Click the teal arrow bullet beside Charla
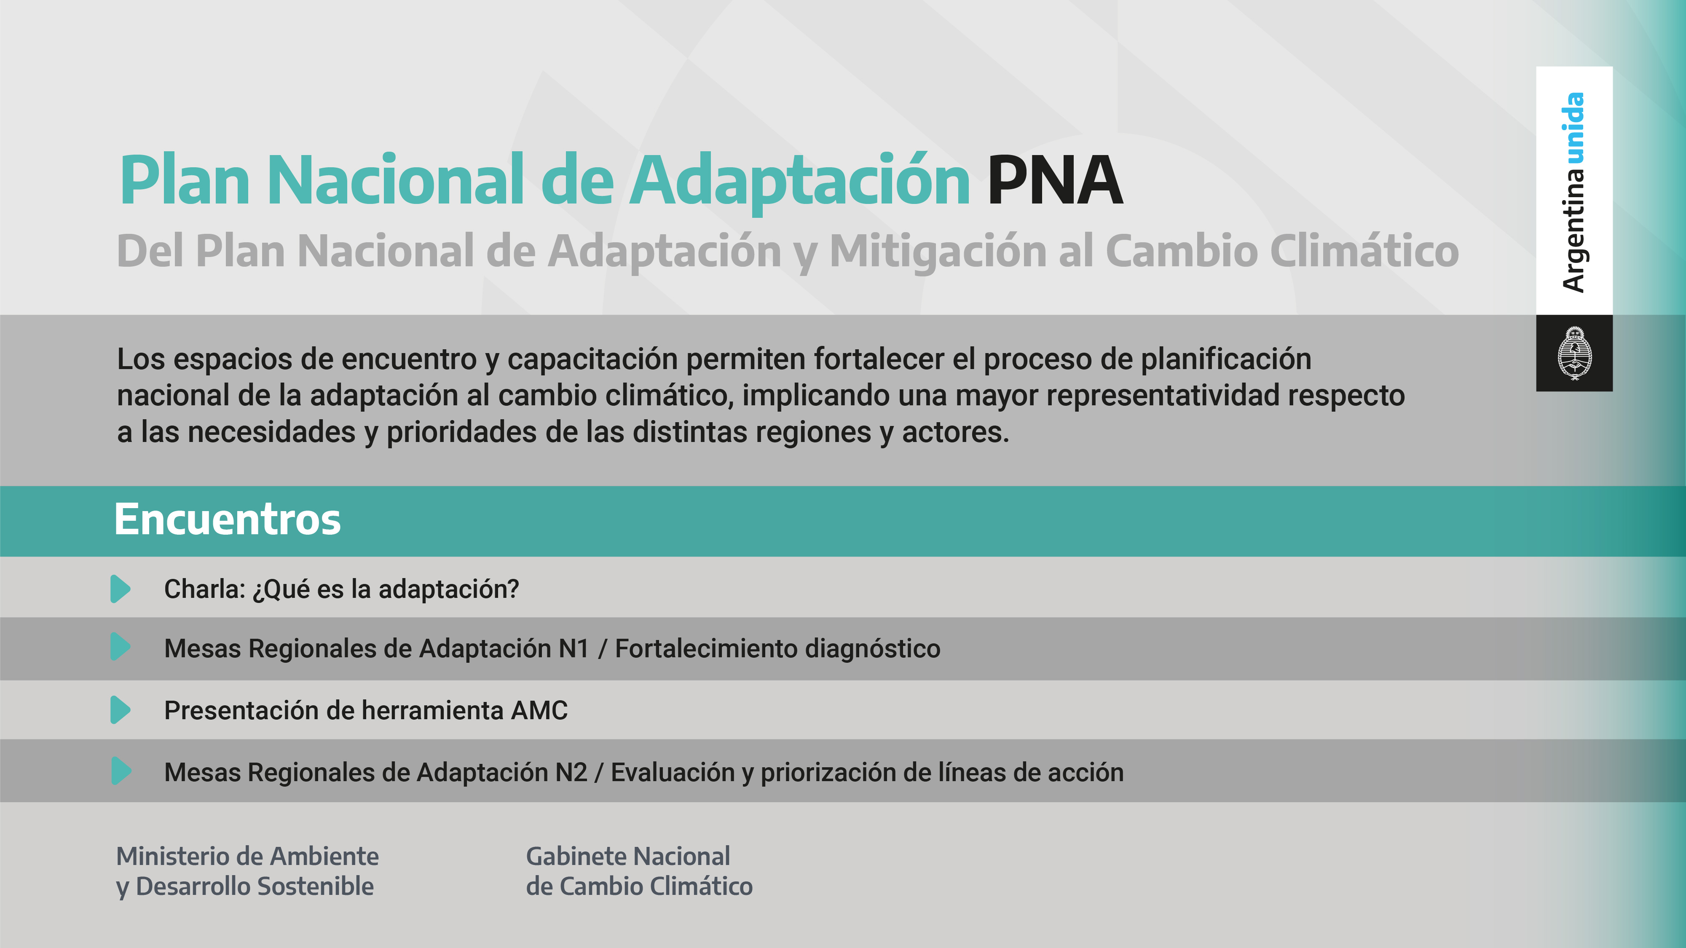click(x=121, y=589)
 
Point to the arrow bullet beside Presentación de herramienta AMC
click(x=121, y=710)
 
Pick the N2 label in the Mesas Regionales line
click(x=571, y=773)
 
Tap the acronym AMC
click(x=539, y=710)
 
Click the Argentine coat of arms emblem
click(x=1574, y=353)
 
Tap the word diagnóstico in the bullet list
click(x=872, y=649)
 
